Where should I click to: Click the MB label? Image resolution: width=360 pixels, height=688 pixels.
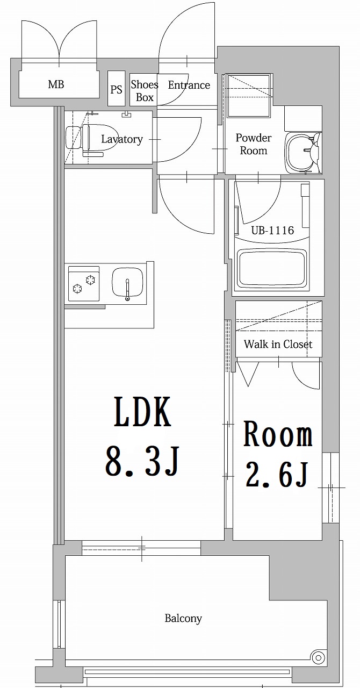pos(56,84)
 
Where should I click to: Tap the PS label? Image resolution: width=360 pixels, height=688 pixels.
pos(116,89)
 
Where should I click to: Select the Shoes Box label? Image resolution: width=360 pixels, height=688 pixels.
pos(145,91)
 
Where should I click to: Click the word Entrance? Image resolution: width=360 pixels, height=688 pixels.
pos(189,85)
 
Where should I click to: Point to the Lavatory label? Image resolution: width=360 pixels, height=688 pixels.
pos(122,139)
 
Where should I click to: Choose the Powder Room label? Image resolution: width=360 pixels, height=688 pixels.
pos(254,144)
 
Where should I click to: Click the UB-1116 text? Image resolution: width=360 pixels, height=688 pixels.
pos(273,231)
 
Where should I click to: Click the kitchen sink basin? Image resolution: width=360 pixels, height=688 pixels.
pos(127,283)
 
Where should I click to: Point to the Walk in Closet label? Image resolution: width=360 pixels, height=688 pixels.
pos(278,344)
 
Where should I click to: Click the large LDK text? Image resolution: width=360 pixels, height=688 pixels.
pos(142,413)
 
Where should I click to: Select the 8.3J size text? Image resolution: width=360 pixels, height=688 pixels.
pos(142,461)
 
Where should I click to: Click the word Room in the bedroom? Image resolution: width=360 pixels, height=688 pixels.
pos(278,435)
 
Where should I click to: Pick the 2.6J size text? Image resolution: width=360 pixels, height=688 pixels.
pos(277,474)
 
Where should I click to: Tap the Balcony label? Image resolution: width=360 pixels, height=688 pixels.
pos(183,618)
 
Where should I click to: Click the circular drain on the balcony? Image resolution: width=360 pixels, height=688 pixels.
pos(318,656)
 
